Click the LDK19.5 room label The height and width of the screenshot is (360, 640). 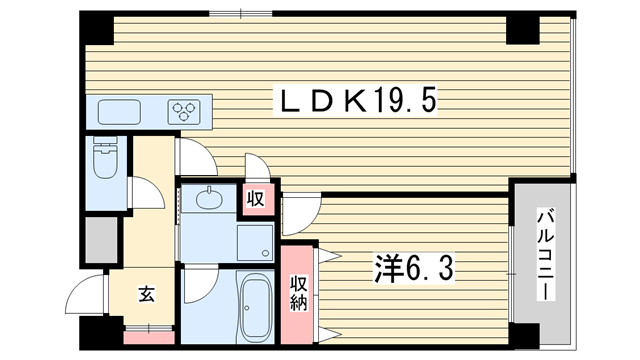[x=355, y=100]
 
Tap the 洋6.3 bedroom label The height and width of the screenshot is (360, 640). [x=413, y=268]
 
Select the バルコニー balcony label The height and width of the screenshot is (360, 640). [x=545, y=255]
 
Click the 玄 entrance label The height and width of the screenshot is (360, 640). [x=147, y=294]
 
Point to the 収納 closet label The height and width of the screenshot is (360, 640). [x=298, y=293]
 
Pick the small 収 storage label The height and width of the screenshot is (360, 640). [x=256, y=199]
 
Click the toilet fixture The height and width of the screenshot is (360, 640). [x=105, y=157]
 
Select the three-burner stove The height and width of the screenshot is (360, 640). [x=184, y=111]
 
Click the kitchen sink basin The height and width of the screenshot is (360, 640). [x=119, y=112]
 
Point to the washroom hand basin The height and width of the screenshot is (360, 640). [x=209, y=199]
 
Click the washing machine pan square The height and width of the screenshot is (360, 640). [x=256, y=242]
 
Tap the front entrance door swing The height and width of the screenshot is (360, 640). [x=85, y=294]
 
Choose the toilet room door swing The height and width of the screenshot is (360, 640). [x=146, y=192]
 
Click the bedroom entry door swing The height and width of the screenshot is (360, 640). [x=301, y=216]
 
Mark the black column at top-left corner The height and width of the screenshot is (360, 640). [x=96, y=28]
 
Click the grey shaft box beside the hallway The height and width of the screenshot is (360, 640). [x=102, y=240]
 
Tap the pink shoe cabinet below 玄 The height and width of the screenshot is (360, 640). [x=149, y=338]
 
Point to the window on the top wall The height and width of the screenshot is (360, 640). [x=241, y=14]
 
